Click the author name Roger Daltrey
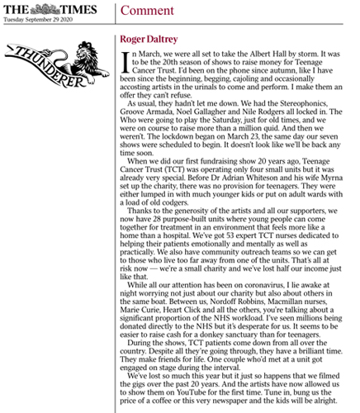tap(143, 37)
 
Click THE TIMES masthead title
tap(50, 9)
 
